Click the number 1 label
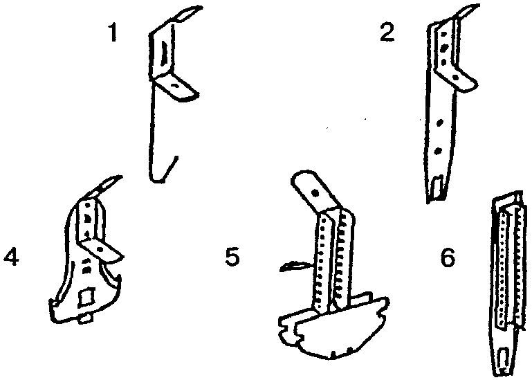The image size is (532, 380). (x=113, y=34)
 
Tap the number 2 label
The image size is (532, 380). (x=387, y=33)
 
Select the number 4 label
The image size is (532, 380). (x=11, y=257)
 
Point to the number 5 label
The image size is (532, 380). (x=232, y=257)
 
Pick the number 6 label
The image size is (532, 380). (x=448, y=257)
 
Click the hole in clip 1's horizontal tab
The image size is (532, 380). (x=175, y=86)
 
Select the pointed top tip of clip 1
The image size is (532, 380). (x=201, y=7)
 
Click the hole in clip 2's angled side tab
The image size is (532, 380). (x=456, y=78)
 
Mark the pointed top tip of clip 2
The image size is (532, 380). (x=479, y=6)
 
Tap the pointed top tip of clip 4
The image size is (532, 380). (x=120, y=177)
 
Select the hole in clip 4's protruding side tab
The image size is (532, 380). (x=100, y=249)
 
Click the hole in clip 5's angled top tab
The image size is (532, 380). (x=315, y=193)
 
